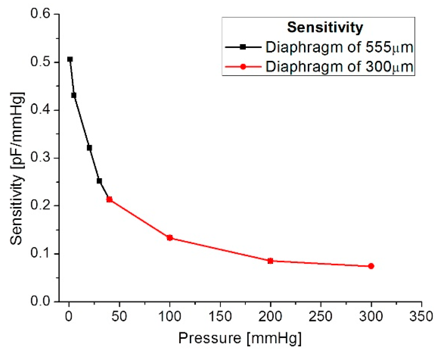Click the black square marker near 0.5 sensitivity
point(70,59)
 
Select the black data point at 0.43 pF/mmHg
point(74,95)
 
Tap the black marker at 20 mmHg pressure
point(89,148)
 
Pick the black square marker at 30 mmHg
point(99,181)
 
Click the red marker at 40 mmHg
point(109,200)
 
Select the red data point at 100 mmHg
point(170,238)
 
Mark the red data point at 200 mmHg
point(270,261)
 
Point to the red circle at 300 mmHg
point(371,266)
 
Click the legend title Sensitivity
point(325,27)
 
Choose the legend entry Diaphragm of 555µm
point(339,47)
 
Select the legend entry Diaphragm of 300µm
point(339,67)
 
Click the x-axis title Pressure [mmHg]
point(240,338)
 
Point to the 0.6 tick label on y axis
point(40,14)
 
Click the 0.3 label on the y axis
point(40,158)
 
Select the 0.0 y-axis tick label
point(40,301)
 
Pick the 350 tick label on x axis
point(421,317)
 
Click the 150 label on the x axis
point(220,317)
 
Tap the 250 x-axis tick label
point(320,317)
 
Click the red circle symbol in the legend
point(243,67)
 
